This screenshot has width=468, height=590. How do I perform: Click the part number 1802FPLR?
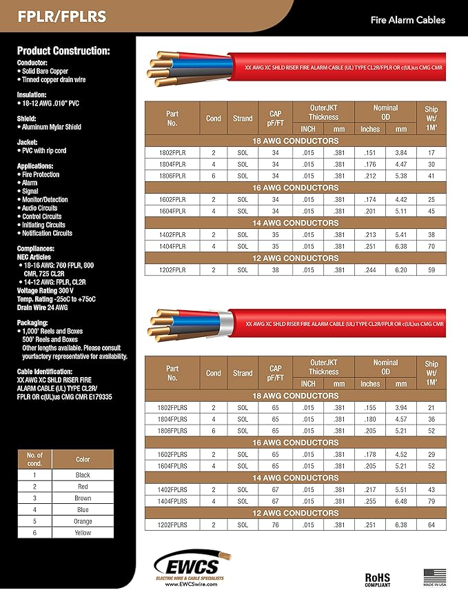pyautogui.click(x=172, y=152)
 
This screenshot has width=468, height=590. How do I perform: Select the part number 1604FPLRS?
pyautogui.click(x=172, y=466)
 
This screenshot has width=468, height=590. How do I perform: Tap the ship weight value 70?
pyautogui.click(x=431, y=246)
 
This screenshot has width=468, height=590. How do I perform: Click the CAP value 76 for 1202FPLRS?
pyautogui.click(x=274, y=525)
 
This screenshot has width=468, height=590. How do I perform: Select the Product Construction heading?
pyautogui.click(x=63, y=51)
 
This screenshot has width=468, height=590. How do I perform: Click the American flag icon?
pyautogui.click(x=434, y=573)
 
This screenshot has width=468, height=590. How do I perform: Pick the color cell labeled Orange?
pyautogui.click(x=83, y=521)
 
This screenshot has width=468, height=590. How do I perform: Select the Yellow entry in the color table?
pyautogui.click(x=83, y=533)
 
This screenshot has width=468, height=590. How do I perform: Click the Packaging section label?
pyautogui.click(x=42, y=323)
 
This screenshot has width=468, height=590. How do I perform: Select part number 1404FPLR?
pyautogui.click(x=172, y=246)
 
